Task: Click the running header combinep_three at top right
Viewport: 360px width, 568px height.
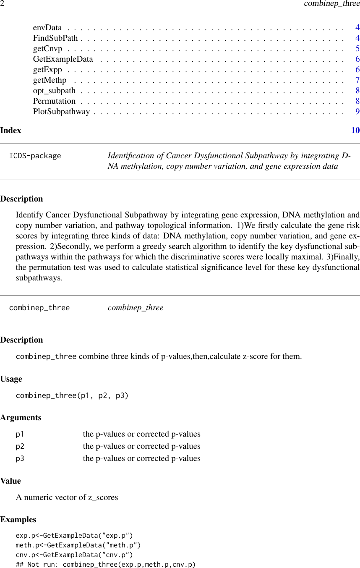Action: tap(331, 4)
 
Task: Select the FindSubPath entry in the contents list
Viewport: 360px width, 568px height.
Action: tap(55, 38)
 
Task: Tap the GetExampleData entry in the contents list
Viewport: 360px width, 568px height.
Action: tap(63, 59)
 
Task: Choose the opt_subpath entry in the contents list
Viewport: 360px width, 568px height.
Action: tap(54, 91)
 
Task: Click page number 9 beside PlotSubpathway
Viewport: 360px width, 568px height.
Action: tap(357, 112)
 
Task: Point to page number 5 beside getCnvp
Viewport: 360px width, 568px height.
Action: tap(357, 49)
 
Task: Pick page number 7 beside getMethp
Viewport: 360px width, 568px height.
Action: tap(357, 80)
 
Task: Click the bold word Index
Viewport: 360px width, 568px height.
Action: tap(10, 130)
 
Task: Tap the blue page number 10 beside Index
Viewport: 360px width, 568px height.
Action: tap(355, 130)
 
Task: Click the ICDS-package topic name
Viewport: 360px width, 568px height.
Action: tap(35, 156)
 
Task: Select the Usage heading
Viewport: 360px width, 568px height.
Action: tap(11, 379)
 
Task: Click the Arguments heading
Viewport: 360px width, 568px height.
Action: tap(21, 418)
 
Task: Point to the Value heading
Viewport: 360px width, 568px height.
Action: tap(10, 481)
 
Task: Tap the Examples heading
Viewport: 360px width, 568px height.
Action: tap(18, 520)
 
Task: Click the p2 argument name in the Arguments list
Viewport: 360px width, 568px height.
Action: tap(20, 446)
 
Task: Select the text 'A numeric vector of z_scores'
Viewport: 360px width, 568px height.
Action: tap(67, 497)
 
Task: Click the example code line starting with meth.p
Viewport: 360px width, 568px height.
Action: tap(78, 545)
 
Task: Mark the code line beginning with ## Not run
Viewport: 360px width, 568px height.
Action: tap(105, 565)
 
